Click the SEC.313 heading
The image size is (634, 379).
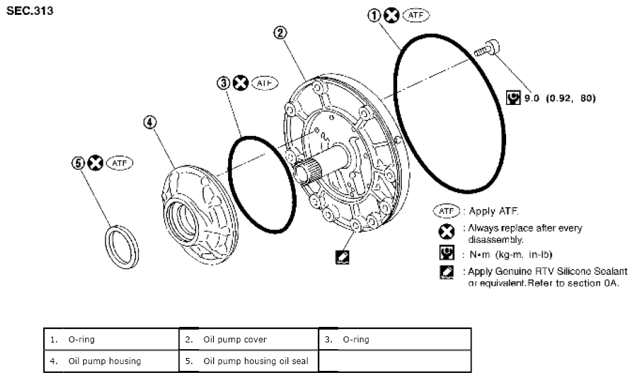tap(29, 11)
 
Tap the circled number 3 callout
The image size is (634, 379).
tap(223, 83)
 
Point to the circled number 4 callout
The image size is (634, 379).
tap(150, 122)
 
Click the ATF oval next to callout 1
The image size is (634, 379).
tap(416, 16)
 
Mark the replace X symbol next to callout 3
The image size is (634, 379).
tap(240, 83)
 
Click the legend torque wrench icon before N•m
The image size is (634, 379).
tap(447, 254)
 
